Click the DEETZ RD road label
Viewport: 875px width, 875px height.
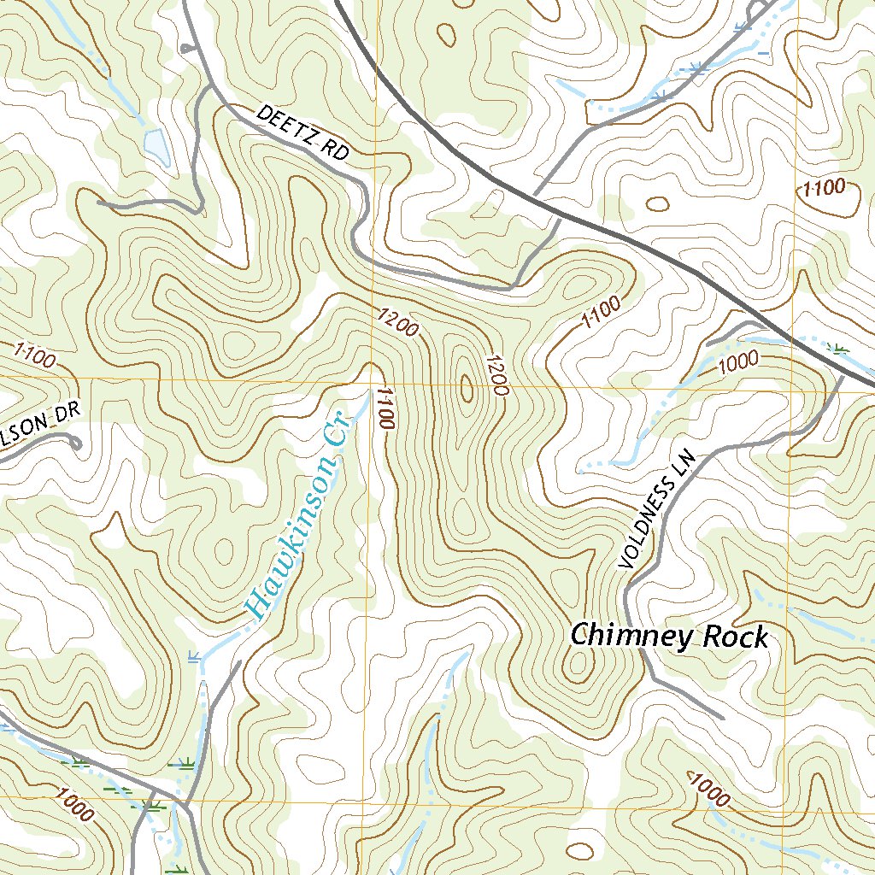pyautogui.click(x=303, y=133)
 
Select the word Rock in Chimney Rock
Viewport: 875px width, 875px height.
pyautogui.click(x=736, y=637)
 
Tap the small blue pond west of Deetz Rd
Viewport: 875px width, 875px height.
pyautogui.click(x=157, y=145)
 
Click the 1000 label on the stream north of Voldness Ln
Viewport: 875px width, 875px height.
pyautogui.click(x=738, y=361)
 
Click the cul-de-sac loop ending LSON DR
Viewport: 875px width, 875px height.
pyautogui.click(x=73, y=443)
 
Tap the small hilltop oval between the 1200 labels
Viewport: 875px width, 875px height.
pyautogui.click(x=466, y=388)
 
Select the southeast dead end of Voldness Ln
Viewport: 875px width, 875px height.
pyautogui.click(x=723, y=716)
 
